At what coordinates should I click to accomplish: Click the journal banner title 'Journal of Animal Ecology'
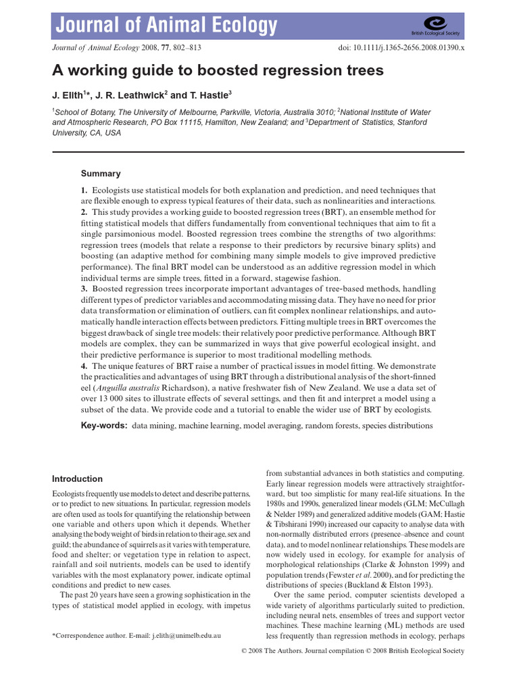[166, 26]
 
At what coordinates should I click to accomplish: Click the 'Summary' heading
[101, 174]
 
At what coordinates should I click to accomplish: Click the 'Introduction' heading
[78, 478]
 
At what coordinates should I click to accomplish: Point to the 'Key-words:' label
[104, 426]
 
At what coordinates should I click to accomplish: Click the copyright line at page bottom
[352, 650]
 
